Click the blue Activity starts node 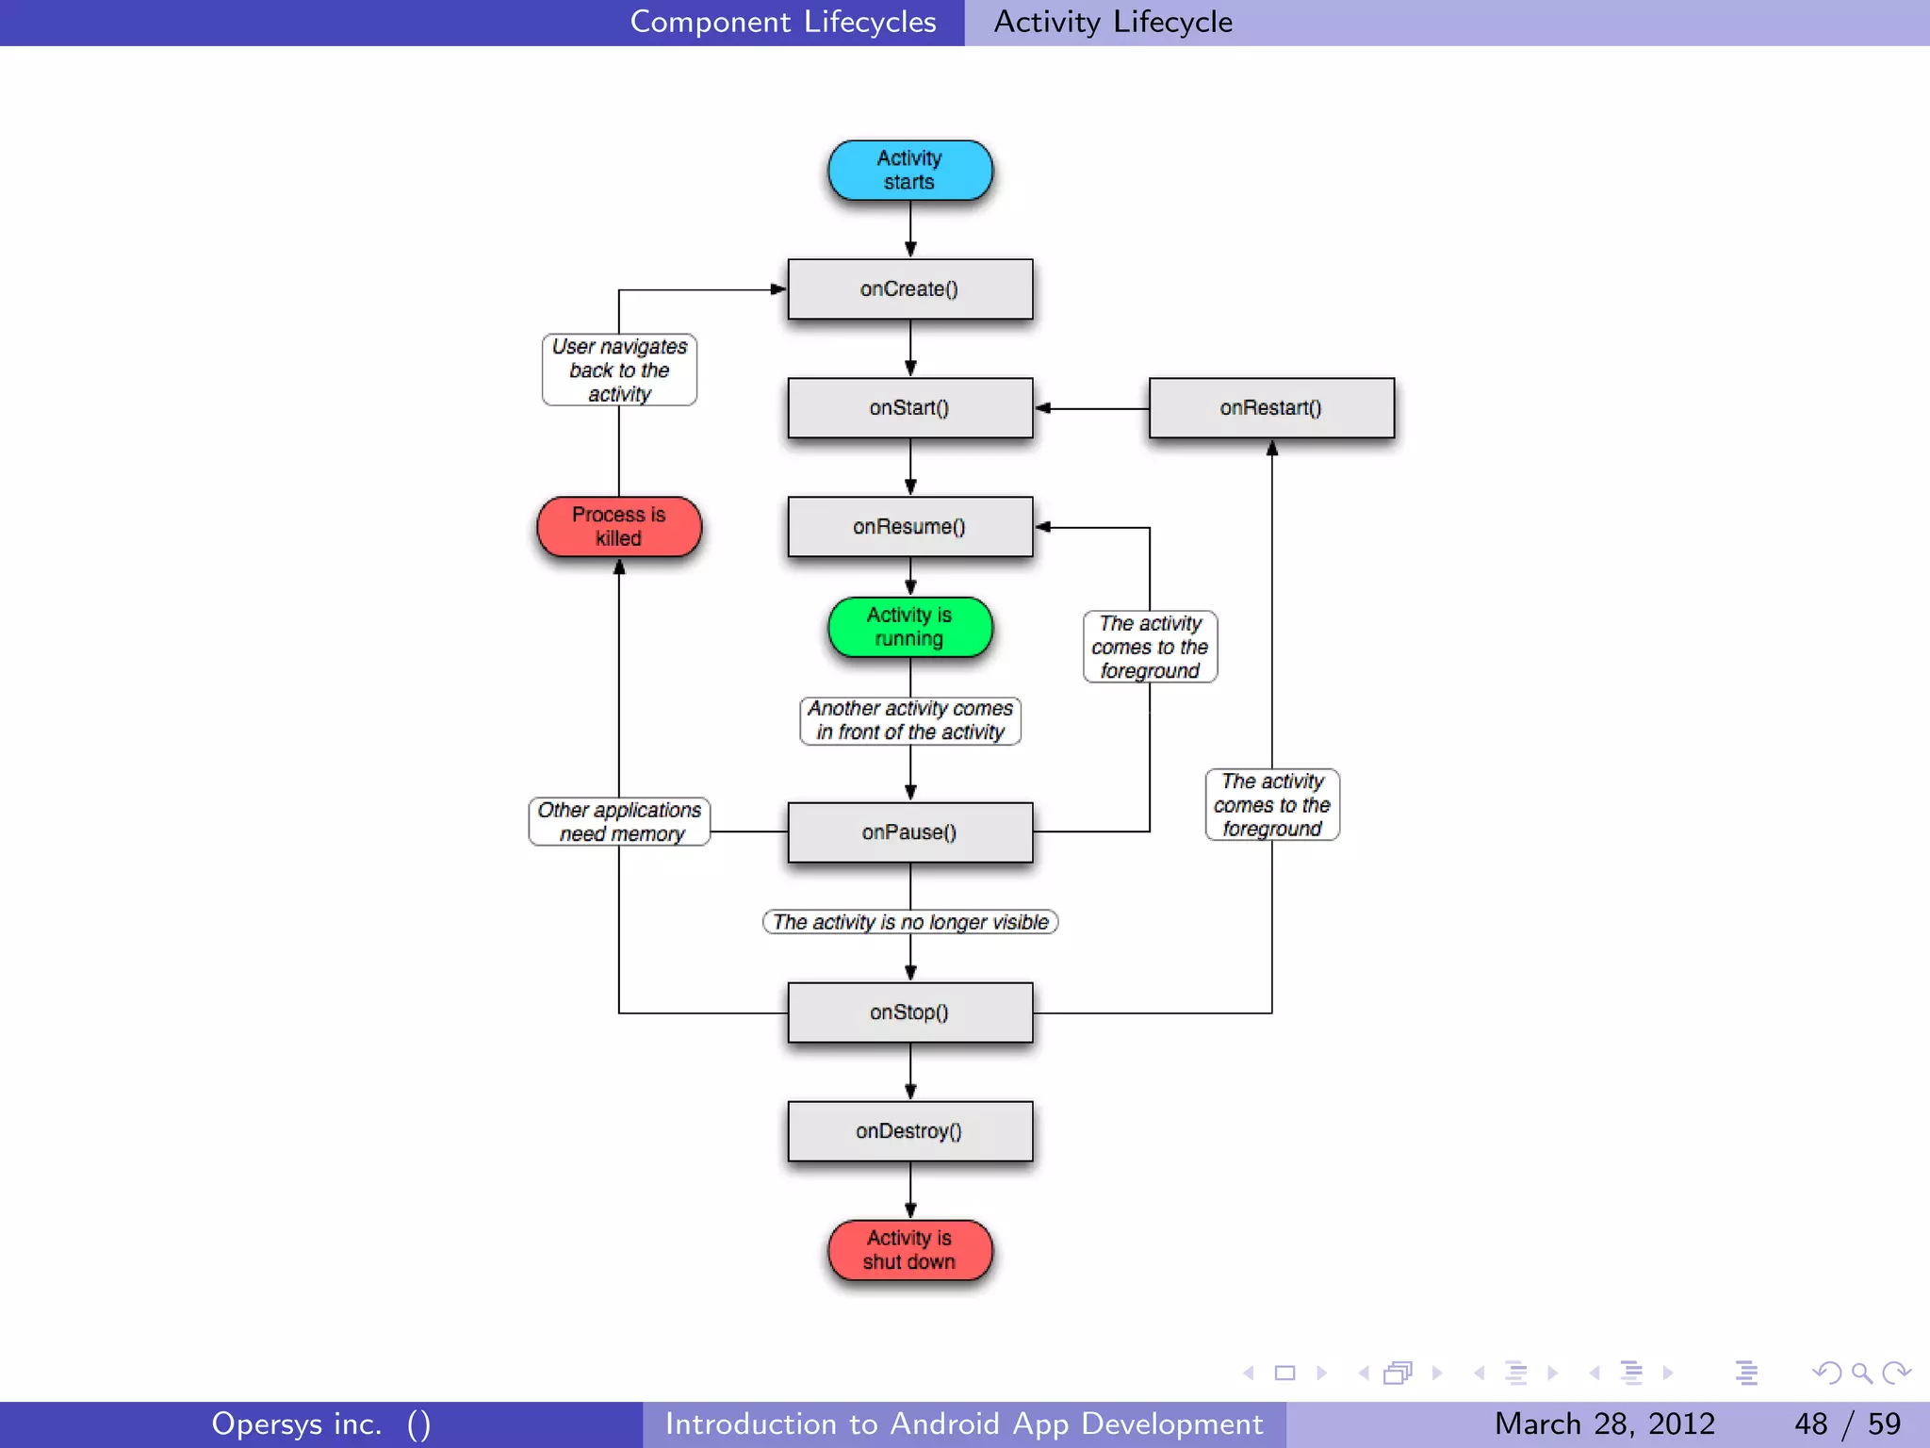pyautogui.click(x=909, y=171)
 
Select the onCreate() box pyautogui.click(x=909, y=289)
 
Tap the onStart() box pyautogui.click(x=909, y=408)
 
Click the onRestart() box pyautogui.click(x=1271, y=408)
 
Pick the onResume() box pyautogui.click(x=909, y=527)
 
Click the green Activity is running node pyautogui.click(x=909, y=627)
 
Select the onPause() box pyautogui.click(x=909, y=832)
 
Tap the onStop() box pyautogui.click(x=909, y=1012)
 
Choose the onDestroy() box pyautogui.click(x=909, y=1131)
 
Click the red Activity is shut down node pyautogui.click(x=909, y=1250)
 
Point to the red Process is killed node pyautogui.click(x=619, y=527)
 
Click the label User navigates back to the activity pyautogui.click(x=619, y=370)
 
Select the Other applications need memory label pyautogui.click(x=619, y=822)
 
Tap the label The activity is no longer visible pyautogui.click(x=909, y=922)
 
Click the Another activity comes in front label pyautogui.click(x=909, y=720)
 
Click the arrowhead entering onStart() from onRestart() pyautogui.click(x=1042, y=408)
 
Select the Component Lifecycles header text pyautogui.click(x=782, y=22)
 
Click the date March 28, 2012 pyautogui.click(x=1604, y=1423)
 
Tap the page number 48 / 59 pyautogui.click(x=1846, y=1423)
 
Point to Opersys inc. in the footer pyautogui.click(x=297, y=1423)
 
